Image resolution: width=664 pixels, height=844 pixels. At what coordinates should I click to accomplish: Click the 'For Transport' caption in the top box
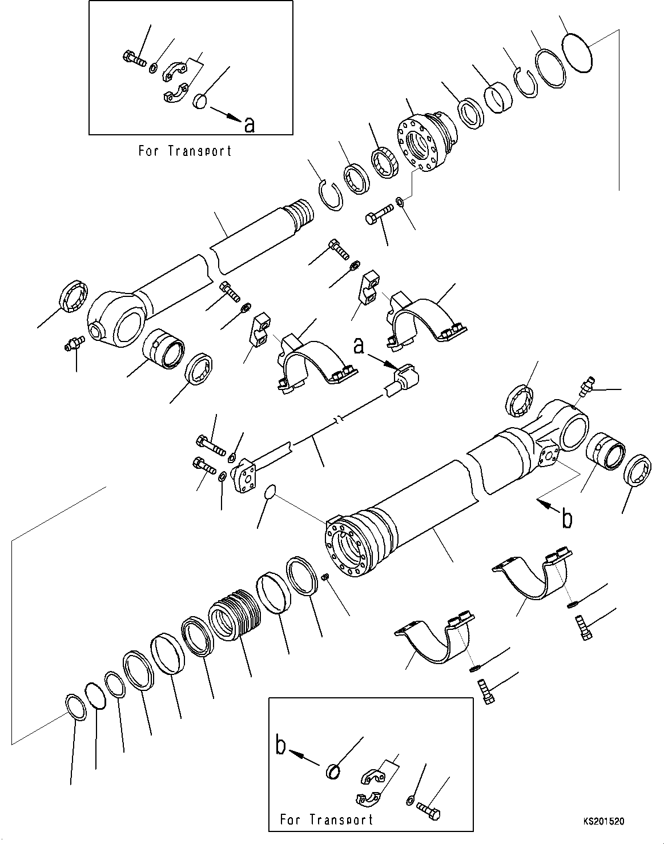185,151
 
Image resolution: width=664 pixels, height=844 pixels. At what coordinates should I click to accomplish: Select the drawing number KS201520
603,822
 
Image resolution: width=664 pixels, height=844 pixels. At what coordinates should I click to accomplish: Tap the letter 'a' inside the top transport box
249,124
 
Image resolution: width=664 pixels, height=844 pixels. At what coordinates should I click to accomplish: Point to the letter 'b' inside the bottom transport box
281,747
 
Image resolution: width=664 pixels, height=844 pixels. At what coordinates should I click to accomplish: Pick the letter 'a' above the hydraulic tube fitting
359,346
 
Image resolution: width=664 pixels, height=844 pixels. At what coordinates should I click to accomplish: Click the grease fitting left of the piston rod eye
74,344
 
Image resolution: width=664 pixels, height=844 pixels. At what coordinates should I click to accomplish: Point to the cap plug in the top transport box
199,101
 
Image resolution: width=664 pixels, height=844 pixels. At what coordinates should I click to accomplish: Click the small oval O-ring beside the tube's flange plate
270,492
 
